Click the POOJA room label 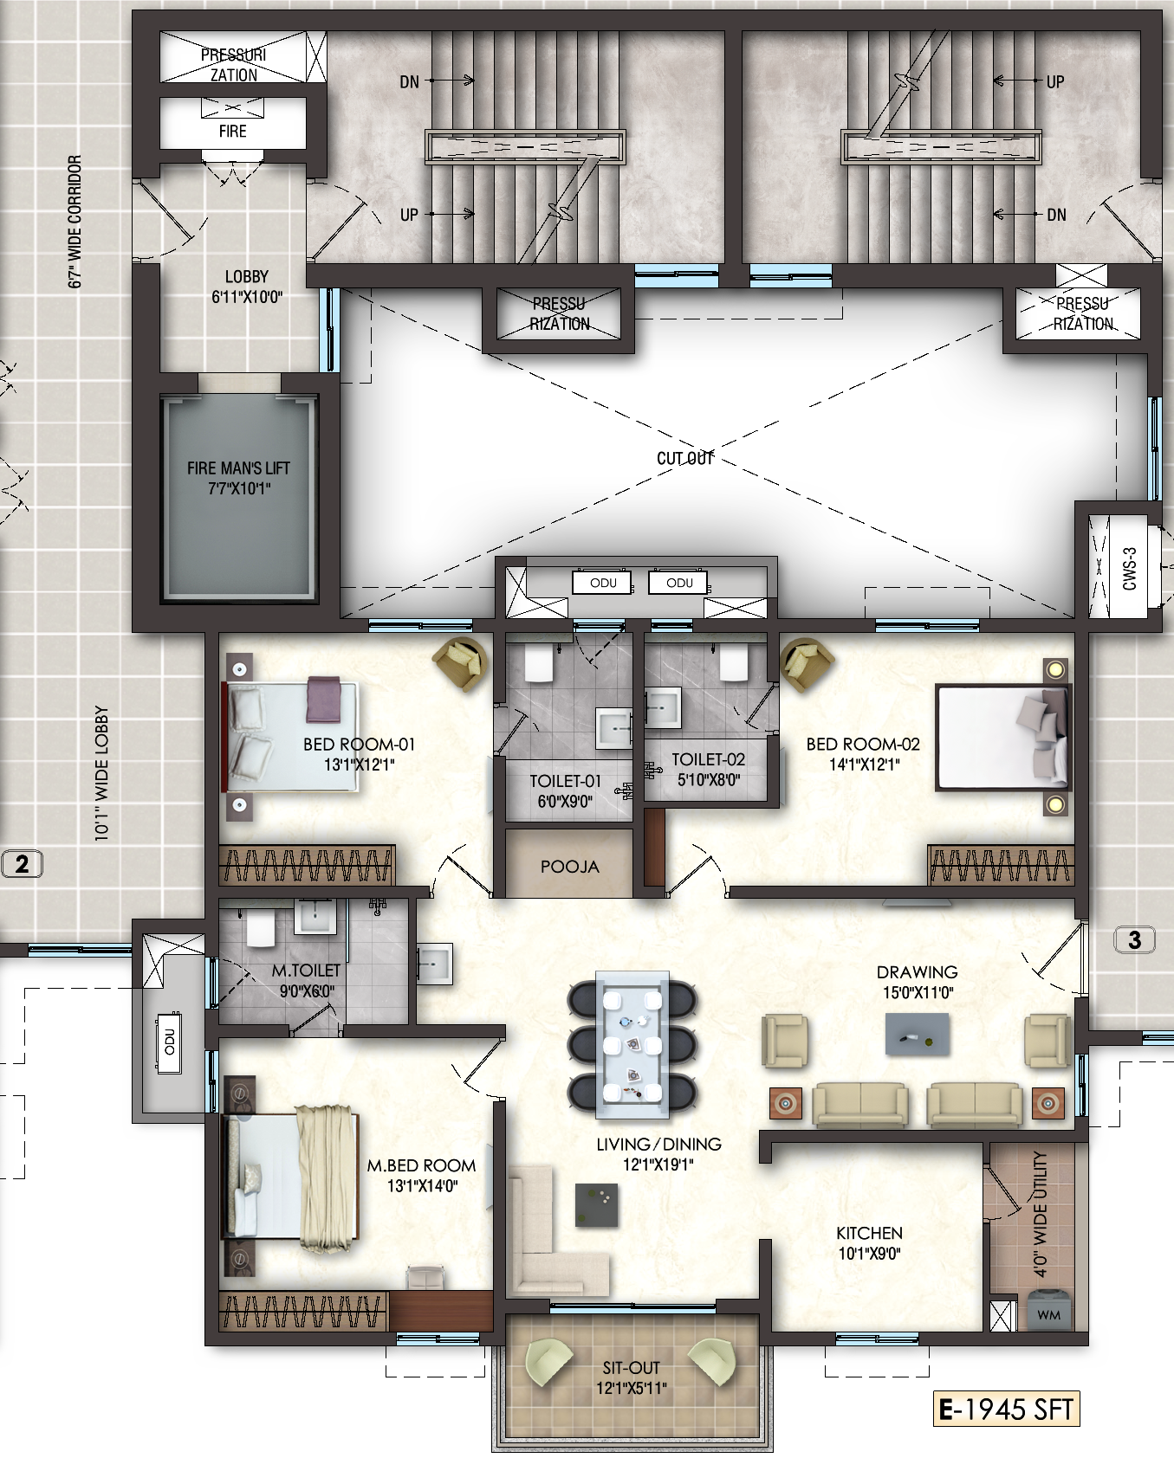tap(569, 867)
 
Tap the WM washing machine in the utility tap(1048, 1309)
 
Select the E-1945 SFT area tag tap(1006, 1410)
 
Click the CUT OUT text tap(684, 458)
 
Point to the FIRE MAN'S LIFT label tap(238, 468)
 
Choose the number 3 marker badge tap(1134, 939)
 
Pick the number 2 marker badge tap(22, 863)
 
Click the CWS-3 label tap(1129, 568)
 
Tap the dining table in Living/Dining tap(632, 1043)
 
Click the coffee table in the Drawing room tap(917, 1034)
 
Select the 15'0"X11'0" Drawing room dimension tap(918, 992)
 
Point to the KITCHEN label tap(869, 1233)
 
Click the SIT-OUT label tap(631, 1368)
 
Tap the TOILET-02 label tap(708, 759)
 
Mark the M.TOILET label tap(306, 971)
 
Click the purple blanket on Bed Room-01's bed tap(324, 700)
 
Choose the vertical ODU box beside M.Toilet tap(169, 1042)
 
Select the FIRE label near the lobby tap(232, 132)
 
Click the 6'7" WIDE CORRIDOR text tap(75, 222)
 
